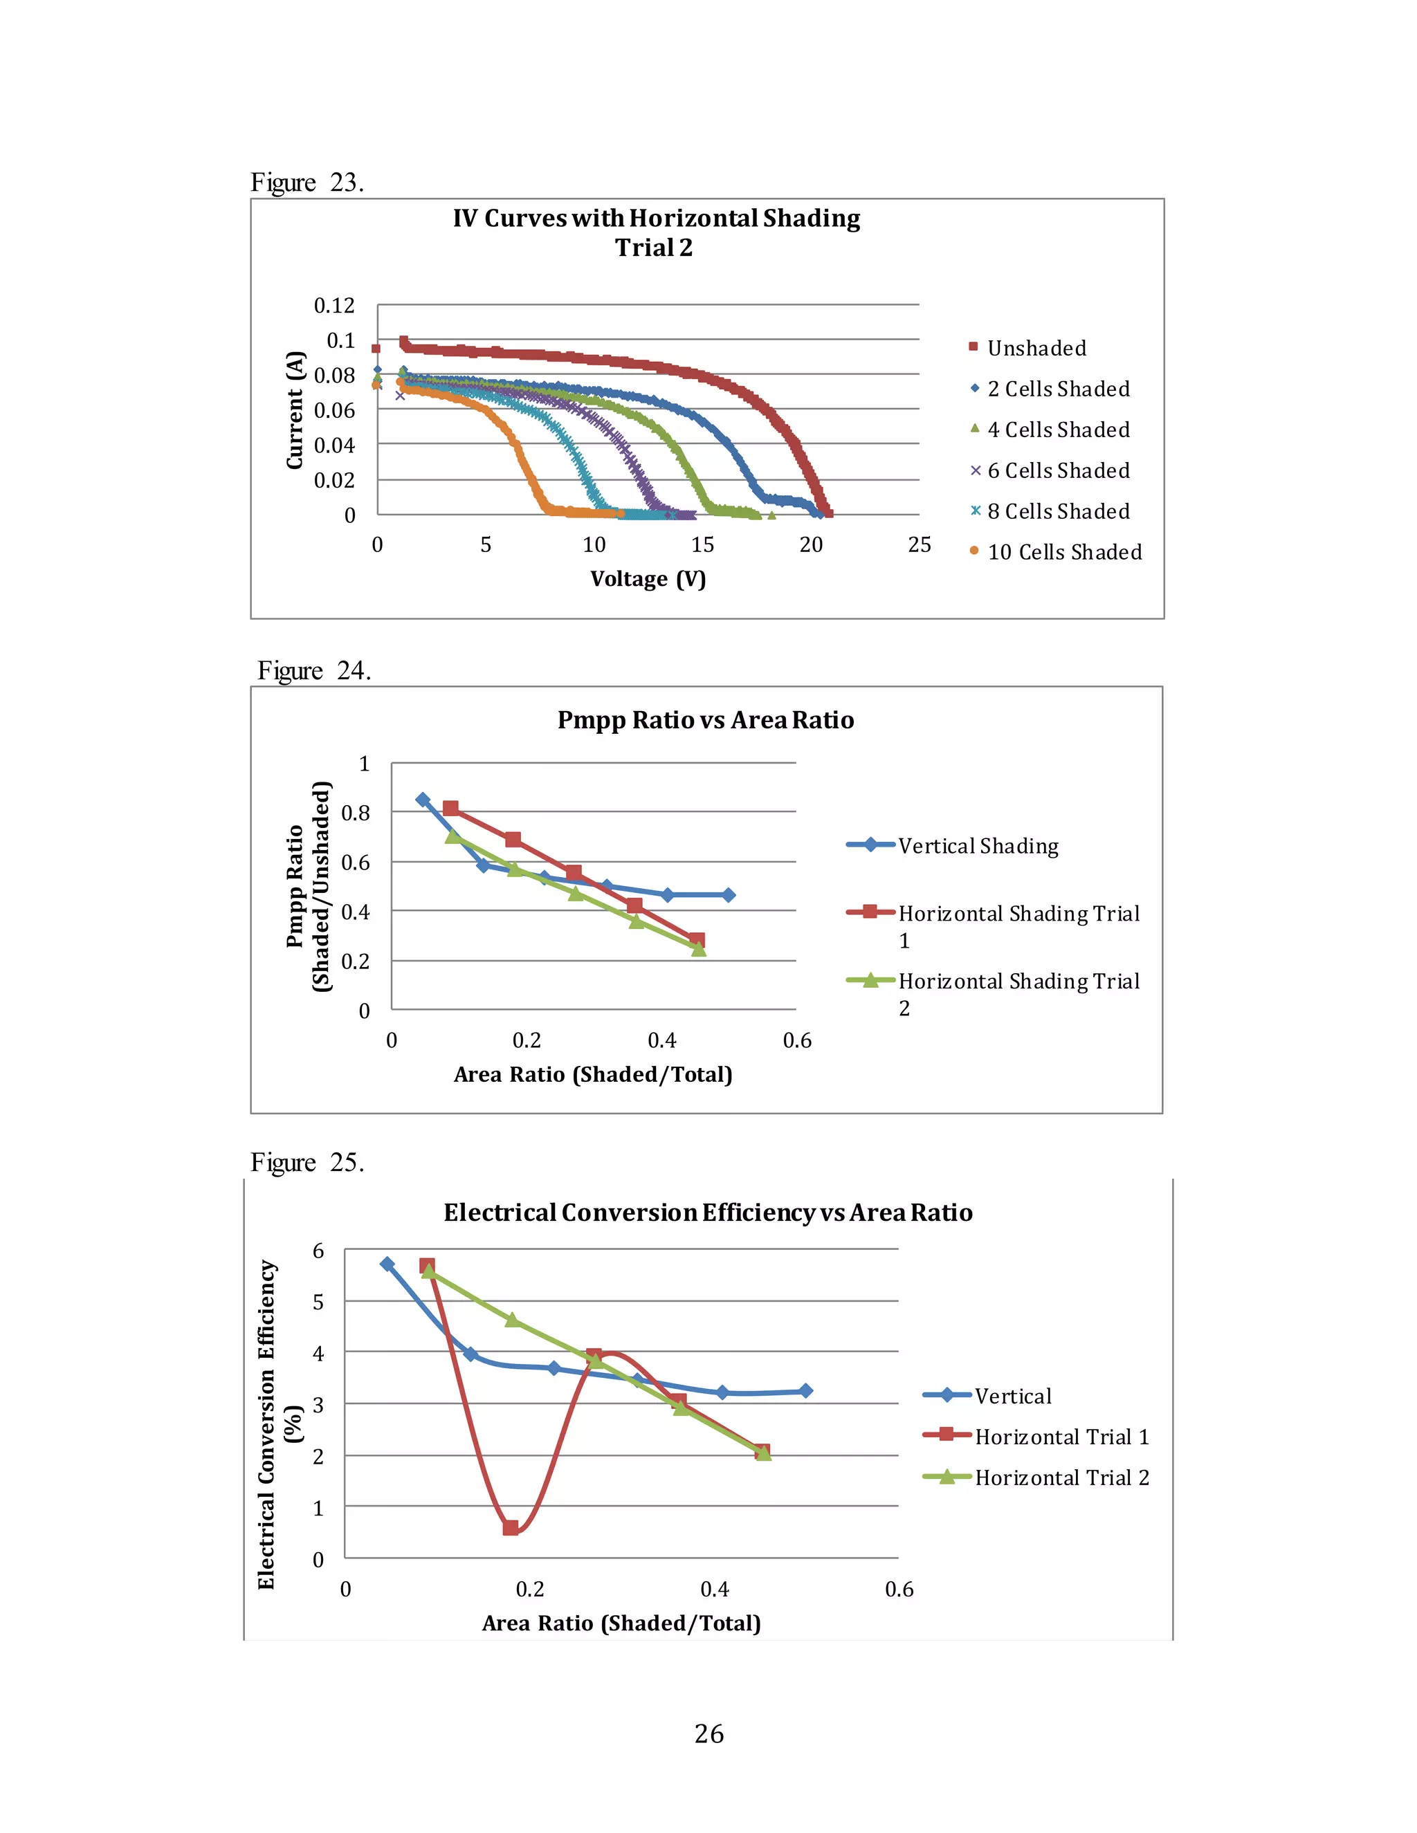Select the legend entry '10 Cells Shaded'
click(x=1063, y=551)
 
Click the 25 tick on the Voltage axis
click(x=920, y=544)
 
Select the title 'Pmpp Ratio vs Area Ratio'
click(x=705, y=720)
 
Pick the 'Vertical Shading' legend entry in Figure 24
click(x=977, y=845)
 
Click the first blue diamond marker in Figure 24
click(x=423, y=800)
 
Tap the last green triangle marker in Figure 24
click(x=698, y=948)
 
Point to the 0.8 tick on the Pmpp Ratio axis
click(x=355, y=813)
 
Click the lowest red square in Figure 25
click(x=511, y=1527)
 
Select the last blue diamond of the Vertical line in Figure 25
click(x=806, y=1391)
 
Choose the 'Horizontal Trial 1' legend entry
click(x=1061, y=1437)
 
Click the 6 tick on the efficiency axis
click(x=318, y=1251)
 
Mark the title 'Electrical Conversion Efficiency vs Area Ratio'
click(x=708, y=1213)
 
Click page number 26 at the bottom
click(x=708, y=1733)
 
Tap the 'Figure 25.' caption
click(x=307, y=1163)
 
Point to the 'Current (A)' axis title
click(x=294, y=410)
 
